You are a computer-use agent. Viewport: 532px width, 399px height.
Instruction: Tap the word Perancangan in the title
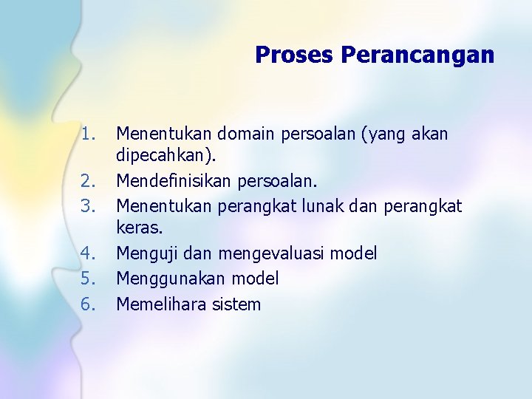417,55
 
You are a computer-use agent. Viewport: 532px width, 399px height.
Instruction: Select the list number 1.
89,134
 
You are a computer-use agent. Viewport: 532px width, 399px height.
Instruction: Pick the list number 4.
89,253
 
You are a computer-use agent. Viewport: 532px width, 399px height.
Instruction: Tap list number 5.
89,279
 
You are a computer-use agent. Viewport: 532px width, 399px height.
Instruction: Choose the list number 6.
89,304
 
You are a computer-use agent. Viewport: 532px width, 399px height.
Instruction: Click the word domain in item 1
242,134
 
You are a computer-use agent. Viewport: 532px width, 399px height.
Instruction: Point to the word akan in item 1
431,134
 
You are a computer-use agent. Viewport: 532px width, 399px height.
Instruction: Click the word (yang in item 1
383,134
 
